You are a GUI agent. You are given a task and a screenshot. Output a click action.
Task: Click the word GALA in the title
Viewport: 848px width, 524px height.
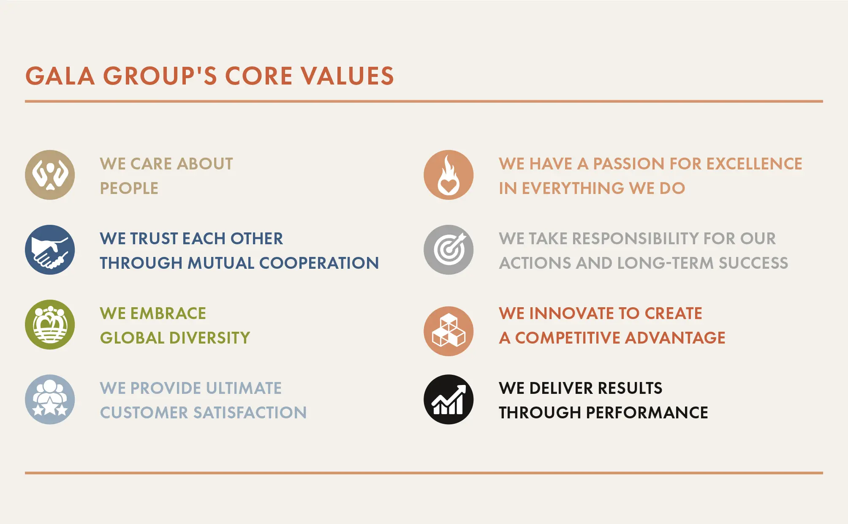[60, 76]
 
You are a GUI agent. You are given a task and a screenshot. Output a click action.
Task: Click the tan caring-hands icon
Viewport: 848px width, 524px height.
[50, 175]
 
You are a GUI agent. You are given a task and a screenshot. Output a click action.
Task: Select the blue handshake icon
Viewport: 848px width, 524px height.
[50, 250]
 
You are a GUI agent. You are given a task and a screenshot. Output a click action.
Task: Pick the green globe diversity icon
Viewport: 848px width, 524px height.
[50, 325]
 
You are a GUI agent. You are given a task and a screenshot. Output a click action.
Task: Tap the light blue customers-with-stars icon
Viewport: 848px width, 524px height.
[50, 399]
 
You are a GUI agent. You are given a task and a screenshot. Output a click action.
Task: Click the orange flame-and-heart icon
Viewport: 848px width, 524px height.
[448, 175]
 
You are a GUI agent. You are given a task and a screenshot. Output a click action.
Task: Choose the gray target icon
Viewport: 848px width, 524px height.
[448, 250]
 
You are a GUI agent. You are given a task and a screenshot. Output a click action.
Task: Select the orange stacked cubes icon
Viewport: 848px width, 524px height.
[448, 331]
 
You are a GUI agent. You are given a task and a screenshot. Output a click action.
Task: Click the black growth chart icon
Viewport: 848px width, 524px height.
[448, 399]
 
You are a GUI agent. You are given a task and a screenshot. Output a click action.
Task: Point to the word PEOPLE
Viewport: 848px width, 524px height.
[129, 188]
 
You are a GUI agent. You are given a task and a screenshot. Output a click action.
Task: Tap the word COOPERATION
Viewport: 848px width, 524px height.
[319, 263]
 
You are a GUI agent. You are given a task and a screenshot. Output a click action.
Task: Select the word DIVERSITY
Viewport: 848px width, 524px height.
[209, 338]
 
